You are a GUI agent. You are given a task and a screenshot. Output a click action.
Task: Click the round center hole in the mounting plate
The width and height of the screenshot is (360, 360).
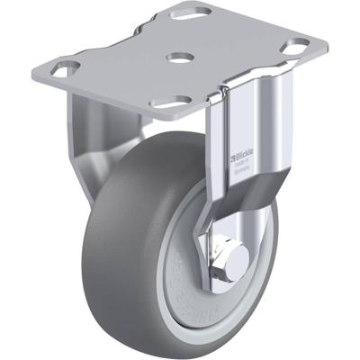179,56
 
